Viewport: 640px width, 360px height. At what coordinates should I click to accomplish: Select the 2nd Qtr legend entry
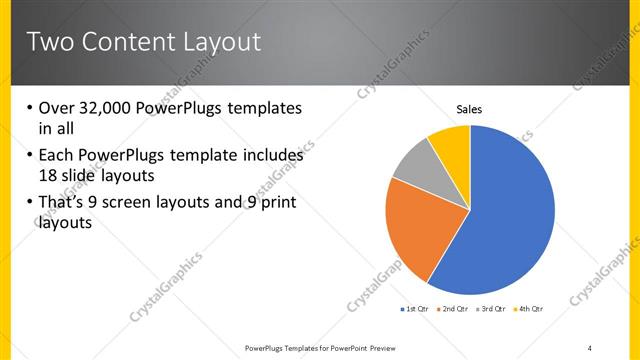click(x=455, y=309)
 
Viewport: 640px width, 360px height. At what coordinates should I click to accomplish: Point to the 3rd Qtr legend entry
click(x=493, y=309)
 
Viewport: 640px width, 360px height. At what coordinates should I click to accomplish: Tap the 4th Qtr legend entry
click(x=530, y=309)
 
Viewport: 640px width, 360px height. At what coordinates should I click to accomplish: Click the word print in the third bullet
click(x=277, y=203)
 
